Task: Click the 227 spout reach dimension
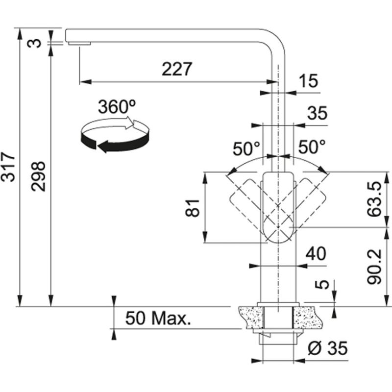click(177, 70)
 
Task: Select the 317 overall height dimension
click(8, 167)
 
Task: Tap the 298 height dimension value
click(39, 176)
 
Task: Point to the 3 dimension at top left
click(34, 43)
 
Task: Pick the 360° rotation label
click(116, 106)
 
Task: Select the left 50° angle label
click(245, 147)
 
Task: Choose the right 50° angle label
click(312, 147)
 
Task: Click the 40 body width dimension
click(316, 254)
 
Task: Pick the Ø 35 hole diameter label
click(328, 348)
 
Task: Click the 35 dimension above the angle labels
click(317, 113)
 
